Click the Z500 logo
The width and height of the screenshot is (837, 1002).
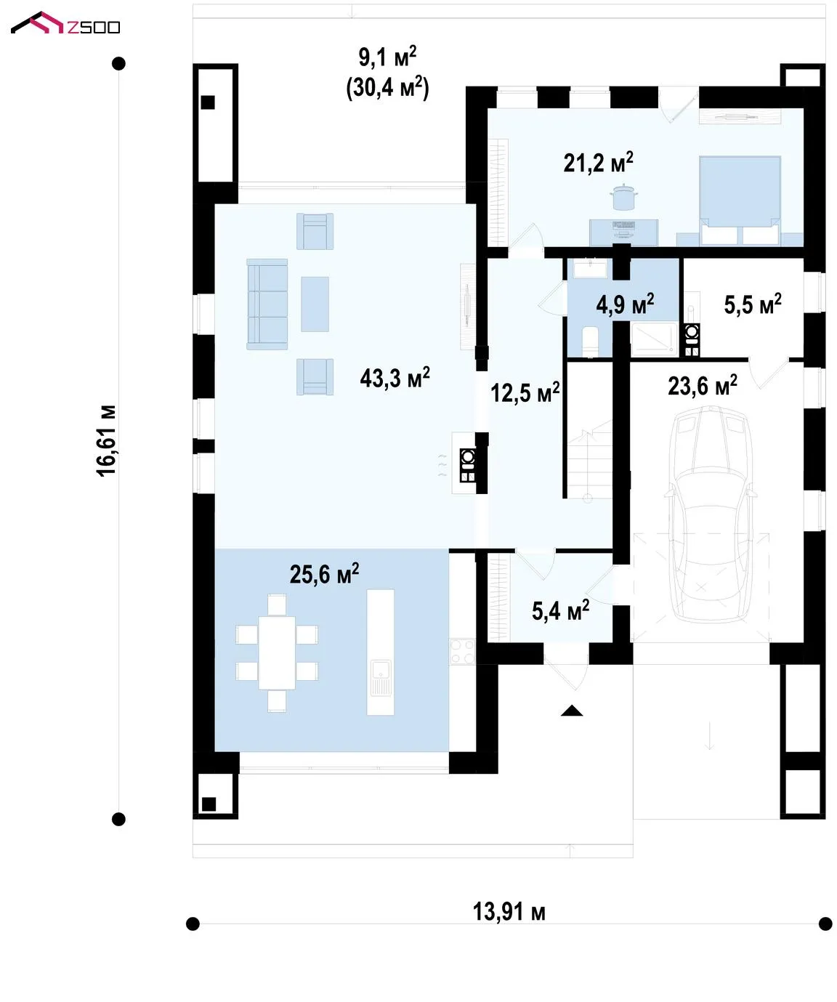[x=65, y=23]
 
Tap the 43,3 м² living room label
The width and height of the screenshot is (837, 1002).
[x=395, y=378]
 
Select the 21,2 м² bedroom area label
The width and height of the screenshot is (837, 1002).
[x=598, y=163]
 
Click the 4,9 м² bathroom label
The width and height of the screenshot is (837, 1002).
[x=625, y=304]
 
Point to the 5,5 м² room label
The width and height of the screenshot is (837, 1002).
[x=753, y=304]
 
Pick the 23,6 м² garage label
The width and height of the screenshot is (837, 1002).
[x=702, y=385]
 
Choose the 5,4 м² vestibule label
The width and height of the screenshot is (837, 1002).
[x=561, y=611]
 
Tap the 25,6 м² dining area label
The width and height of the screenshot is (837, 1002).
[x=324, y=573]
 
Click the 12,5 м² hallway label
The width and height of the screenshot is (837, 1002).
[x=525, y=392]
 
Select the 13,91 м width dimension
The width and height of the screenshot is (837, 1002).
[x=509, y=912]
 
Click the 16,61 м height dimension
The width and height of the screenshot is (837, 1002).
[x=106, y=440]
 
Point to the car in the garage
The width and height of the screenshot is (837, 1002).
[x=709, y=514]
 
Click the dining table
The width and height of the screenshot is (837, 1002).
[x=277, y=652]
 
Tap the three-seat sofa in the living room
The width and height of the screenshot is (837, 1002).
[x=267, y=304]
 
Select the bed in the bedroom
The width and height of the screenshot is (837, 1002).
[x=740, y=201]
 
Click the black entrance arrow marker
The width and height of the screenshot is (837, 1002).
[x=572, y=711]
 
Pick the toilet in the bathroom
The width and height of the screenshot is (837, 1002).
[x=590, y=342]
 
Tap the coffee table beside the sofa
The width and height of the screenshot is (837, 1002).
[x=315, y=304]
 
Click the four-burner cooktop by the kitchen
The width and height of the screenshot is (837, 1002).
[x=462, y=651]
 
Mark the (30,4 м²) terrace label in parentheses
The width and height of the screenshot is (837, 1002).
[x=387, y=87]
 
